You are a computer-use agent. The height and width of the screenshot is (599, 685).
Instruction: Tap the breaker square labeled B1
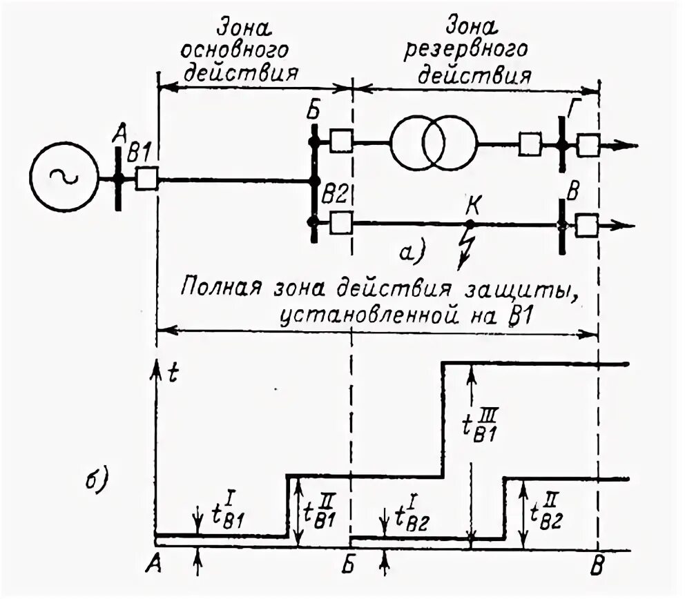click(146, 179)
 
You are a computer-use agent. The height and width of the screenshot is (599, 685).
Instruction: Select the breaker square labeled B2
click(341, 223)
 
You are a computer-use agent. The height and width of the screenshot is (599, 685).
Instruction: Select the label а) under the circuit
click(415, 253)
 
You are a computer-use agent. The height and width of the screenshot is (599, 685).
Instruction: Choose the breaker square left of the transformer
click(341, 141)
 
